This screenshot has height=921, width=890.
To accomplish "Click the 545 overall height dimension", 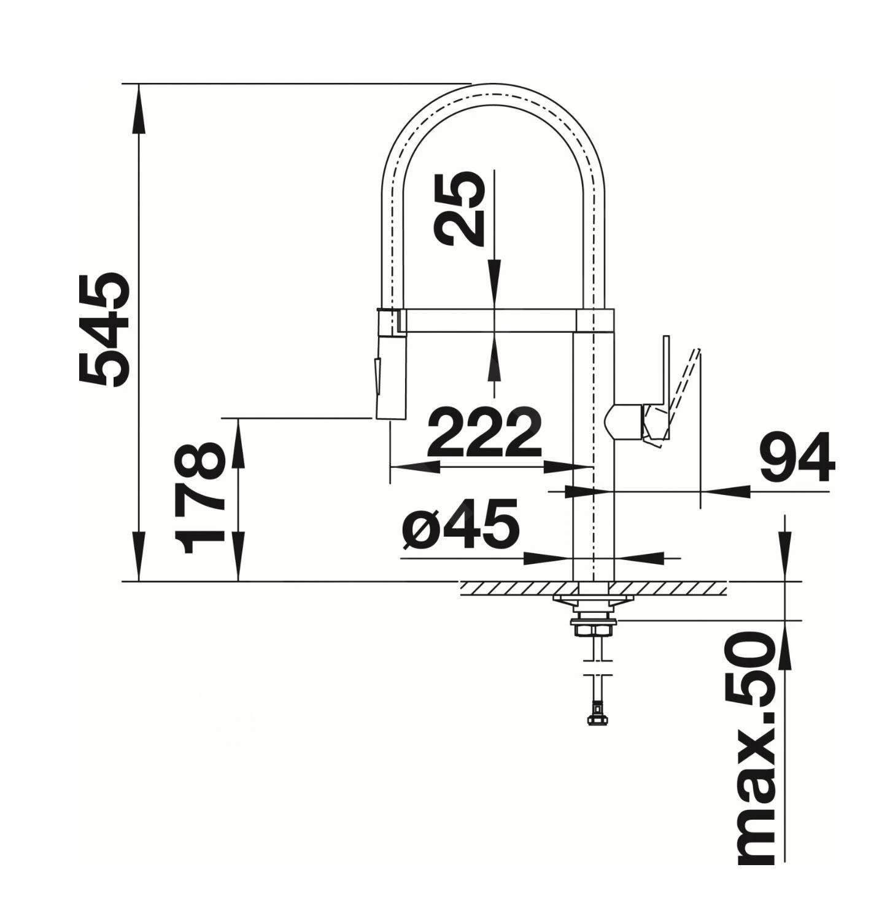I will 104,330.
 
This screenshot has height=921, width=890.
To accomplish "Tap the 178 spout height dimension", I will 199,498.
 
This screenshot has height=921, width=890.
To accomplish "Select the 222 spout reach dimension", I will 485,432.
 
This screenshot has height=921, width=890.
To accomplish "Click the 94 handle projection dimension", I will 797,457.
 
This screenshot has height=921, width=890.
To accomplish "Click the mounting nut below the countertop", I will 592,629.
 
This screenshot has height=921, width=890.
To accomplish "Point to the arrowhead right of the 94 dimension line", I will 727,491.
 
